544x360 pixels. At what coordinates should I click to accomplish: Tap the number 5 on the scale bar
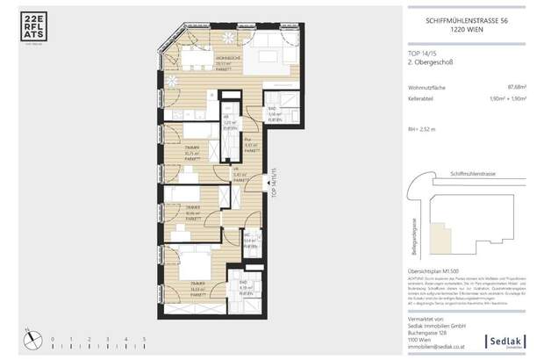143,338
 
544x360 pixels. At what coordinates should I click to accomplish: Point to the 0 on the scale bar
52,338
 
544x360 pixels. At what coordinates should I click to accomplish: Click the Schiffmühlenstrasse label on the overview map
470,174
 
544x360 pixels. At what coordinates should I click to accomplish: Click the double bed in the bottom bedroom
190,263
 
